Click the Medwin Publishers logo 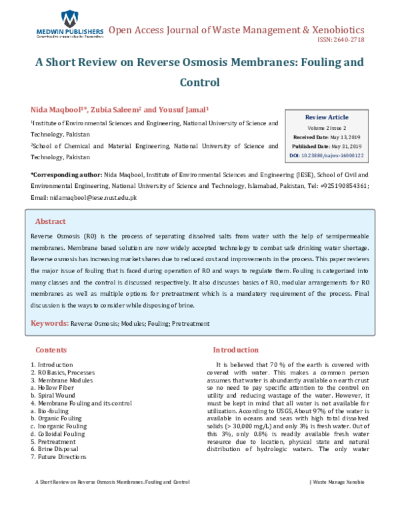[x=69, y=25]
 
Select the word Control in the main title [x=199, y=83]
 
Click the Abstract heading [x=50, y=221]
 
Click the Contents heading [x=51, y=350]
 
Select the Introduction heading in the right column [x=235, y=350]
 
